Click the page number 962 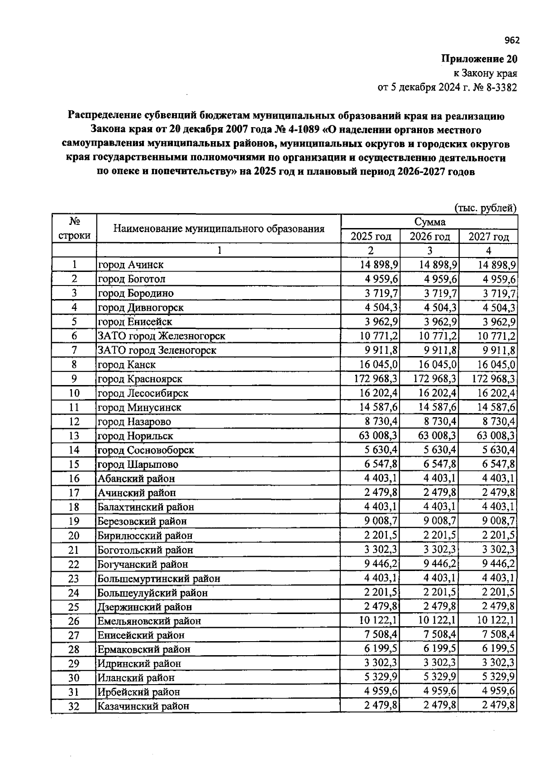(x=512, y=41)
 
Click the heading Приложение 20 (x=479, y=59)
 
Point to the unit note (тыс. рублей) (x=485, y=208)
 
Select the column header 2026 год (x=429, y=237)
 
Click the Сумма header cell (x=429, y=222)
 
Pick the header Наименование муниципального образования (x=219, y=229)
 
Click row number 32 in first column (x=74, y=706)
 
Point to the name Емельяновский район (x=149, y=621)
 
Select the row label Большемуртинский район (x=159, y=578)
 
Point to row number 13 (x=74, y=436)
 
